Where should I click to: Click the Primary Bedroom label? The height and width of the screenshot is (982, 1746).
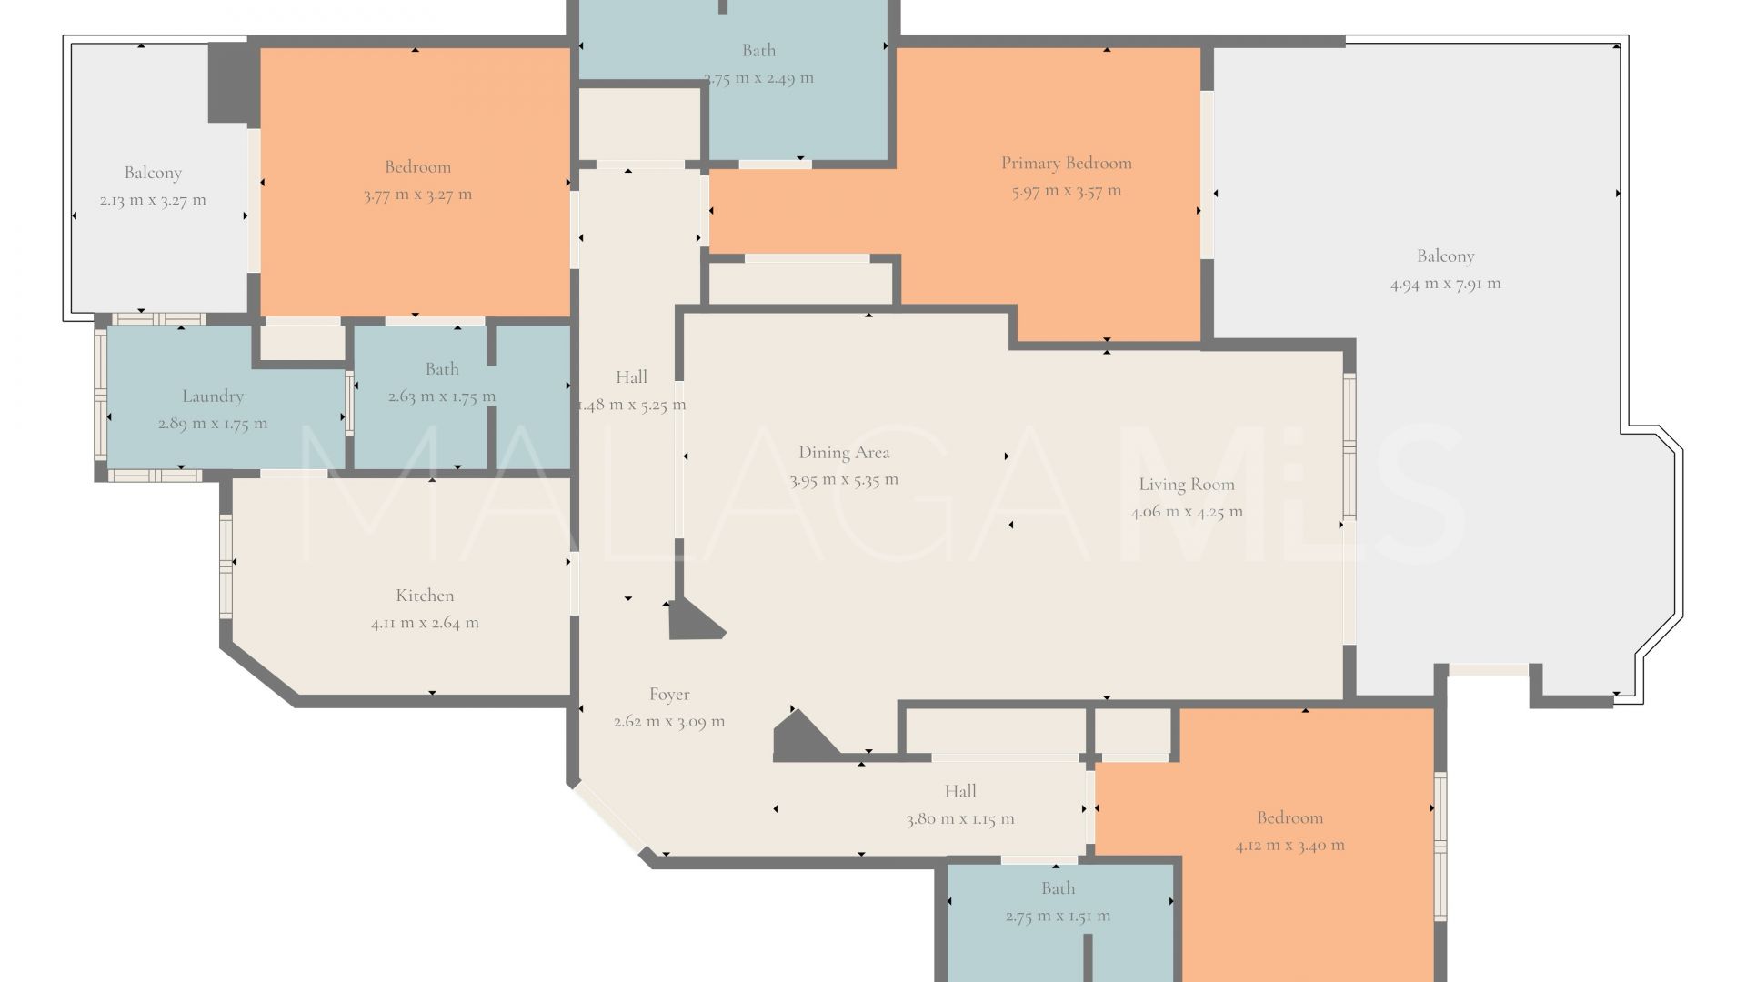click(1067, 164)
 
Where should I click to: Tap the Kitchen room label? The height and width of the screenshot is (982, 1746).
click(425, 596)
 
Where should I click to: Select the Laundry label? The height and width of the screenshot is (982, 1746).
click(213, 396)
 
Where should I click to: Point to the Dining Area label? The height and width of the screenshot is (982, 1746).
click(844, 453)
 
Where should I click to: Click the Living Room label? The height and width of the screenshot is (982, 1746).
click(1187, 485)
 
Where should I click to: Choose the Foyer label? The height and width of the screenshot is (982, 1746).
click(669, 695)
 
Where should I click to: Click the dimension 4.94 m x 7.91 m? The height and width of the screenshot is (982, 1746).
click(1445, 284)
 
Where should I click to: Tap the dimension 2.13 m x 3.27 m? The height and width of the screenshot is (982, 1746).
click(153, 200)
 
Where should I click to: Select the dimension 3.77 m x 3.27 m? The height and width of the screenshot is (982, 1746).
click(417, 195)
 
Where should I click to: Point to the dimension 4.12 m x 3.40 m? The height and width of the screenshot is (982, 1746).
click(1289, 846)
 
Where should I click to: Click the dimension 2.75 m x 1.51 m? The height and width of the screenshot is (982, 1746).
click(1058, 917)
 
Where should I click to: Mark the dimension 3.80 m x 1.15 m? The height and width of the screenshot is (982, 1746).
click(960, 819)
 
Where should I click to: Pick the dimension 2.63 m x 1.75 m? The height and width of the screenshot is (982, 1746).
click(442, 396)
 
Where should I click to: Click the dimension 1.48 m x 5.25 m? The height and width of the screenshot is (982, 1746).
click(632, 406)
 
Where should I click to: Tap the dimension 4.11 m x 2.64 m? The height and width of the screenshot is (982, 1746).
click(425, 623)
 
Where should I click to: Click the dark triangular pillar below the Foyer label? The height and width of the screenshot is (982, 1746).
click(800, 736)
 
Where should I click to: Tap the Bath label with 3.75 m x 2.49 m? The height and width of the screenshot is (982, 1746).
click(758, 51)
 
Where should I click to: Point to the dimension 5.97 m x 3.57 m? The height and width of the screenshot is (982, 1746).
click(1067, 191)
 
